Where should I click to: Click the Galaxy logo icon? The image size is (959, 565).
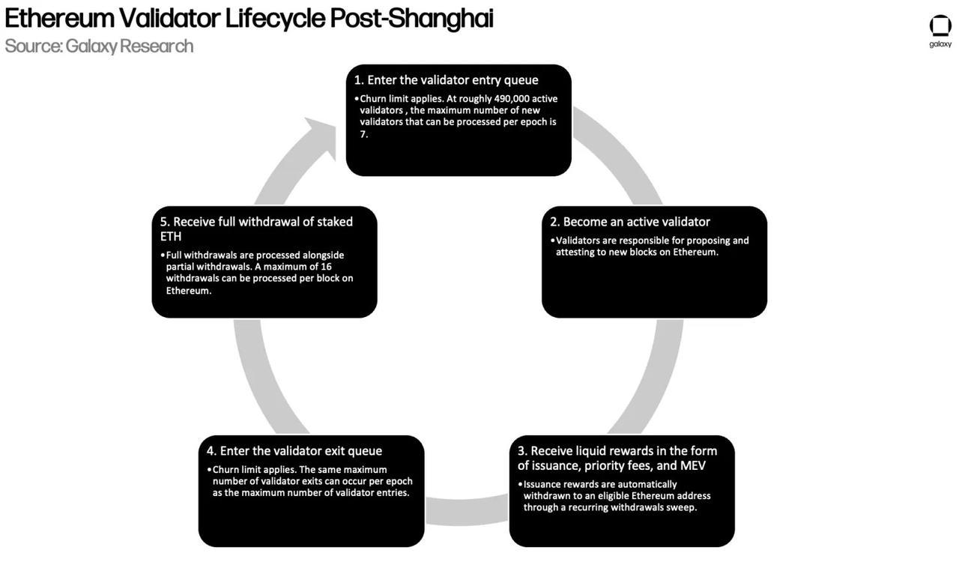tap(940, 25)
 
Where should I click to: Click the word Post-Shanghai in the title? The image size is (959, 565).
tap(411, 18)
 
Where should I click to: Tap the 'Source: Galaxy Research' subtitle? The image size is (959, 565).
tap(99, 46)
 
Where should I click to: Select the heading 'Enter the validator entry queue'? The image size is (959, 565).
tap(453, 80)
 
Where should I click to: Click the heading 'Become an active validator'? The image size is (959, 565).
tap(636, 222)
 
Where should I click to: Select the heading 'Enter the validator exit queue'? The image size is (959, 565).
tap(300, 451)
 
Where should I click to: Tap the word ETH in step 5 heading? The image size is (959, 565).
tap(171, 237)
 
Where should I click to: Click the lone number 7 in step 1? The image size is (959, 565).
tap(363, 134)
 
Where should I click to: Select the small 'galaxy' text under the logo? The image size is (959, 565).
tap(940, 44)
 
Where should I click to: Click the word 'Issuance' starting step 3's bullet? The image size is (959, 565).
tap(545, 485)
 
